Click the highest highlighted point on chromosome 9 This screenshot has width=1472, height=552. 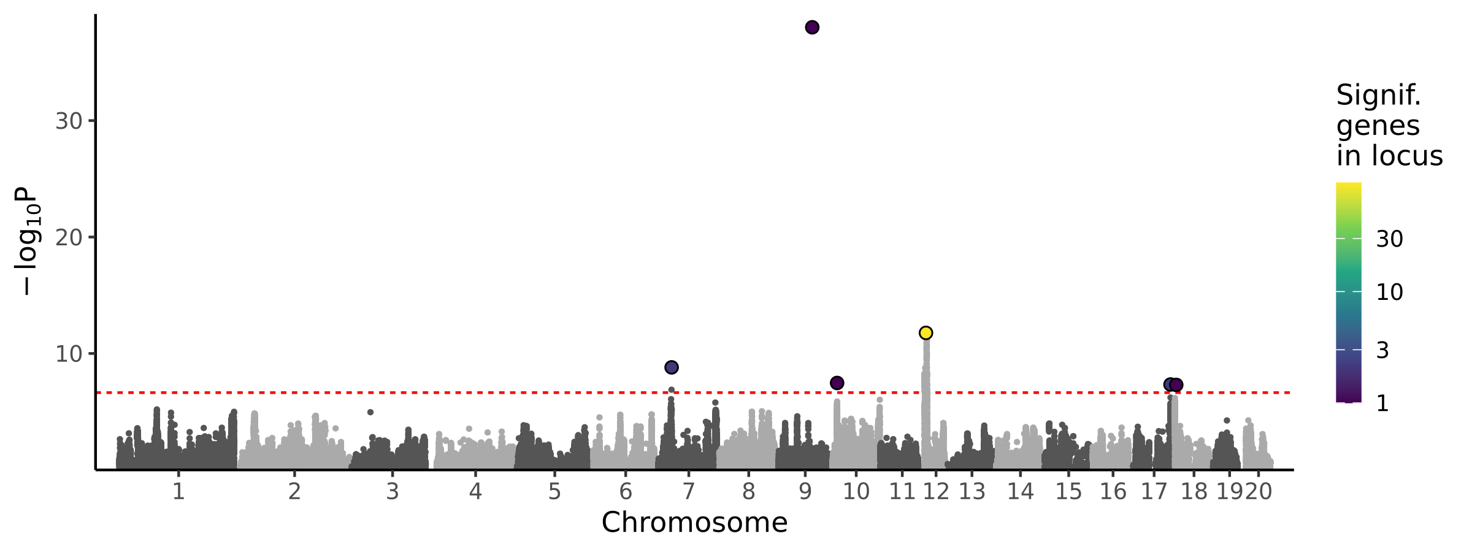point(812,28)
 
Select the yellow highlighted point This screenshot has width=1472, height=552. point(926,333)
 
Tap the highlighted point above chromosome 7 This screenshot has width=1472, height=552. point(672,367)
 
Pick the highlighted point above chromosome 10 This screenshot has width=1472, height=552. point(837,383)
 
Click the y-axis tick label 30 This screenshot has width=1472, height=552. point(69,121)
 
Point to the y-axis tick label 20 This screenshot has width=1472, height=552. point(69,237)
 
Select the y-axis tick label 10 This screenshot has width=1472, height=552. point(69,354)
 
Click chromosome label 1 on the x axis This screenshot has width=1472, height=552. point(178,492)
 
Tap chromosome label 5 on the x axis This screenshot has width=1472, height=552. point(554,492)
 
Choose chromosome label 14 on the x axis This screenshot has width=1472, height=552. point(1021,492)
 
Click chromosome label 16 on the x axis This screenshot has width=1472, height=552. point(1113,492)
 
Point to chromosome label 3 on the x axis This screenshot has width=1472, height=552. point(393,492)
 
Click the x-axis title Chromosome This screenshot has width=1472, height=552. point(694,523)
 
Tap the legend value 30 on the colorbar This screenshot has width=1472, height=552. point(1390,239)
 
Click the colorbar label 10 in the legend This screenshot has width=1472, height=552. point(1390,292)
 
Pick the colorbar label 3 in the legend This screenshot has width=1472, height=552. point(1383,350)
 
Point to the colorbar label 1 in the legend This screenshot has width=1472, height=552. point(1383,404)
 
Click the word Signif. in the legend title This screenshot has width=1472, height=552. point(1379,96)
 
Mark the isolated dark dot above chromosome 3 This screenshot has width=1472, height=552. point(370,412)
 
